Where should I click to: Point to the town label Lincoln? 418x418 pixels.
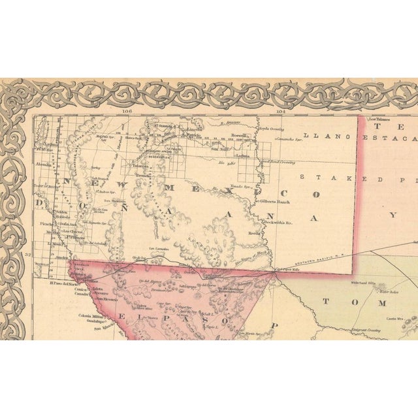coord(193,129)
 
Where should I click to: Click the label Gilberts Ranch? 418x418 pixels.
coord(276,201)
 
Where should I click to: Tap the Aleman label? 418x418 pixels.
coord(44,165)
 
